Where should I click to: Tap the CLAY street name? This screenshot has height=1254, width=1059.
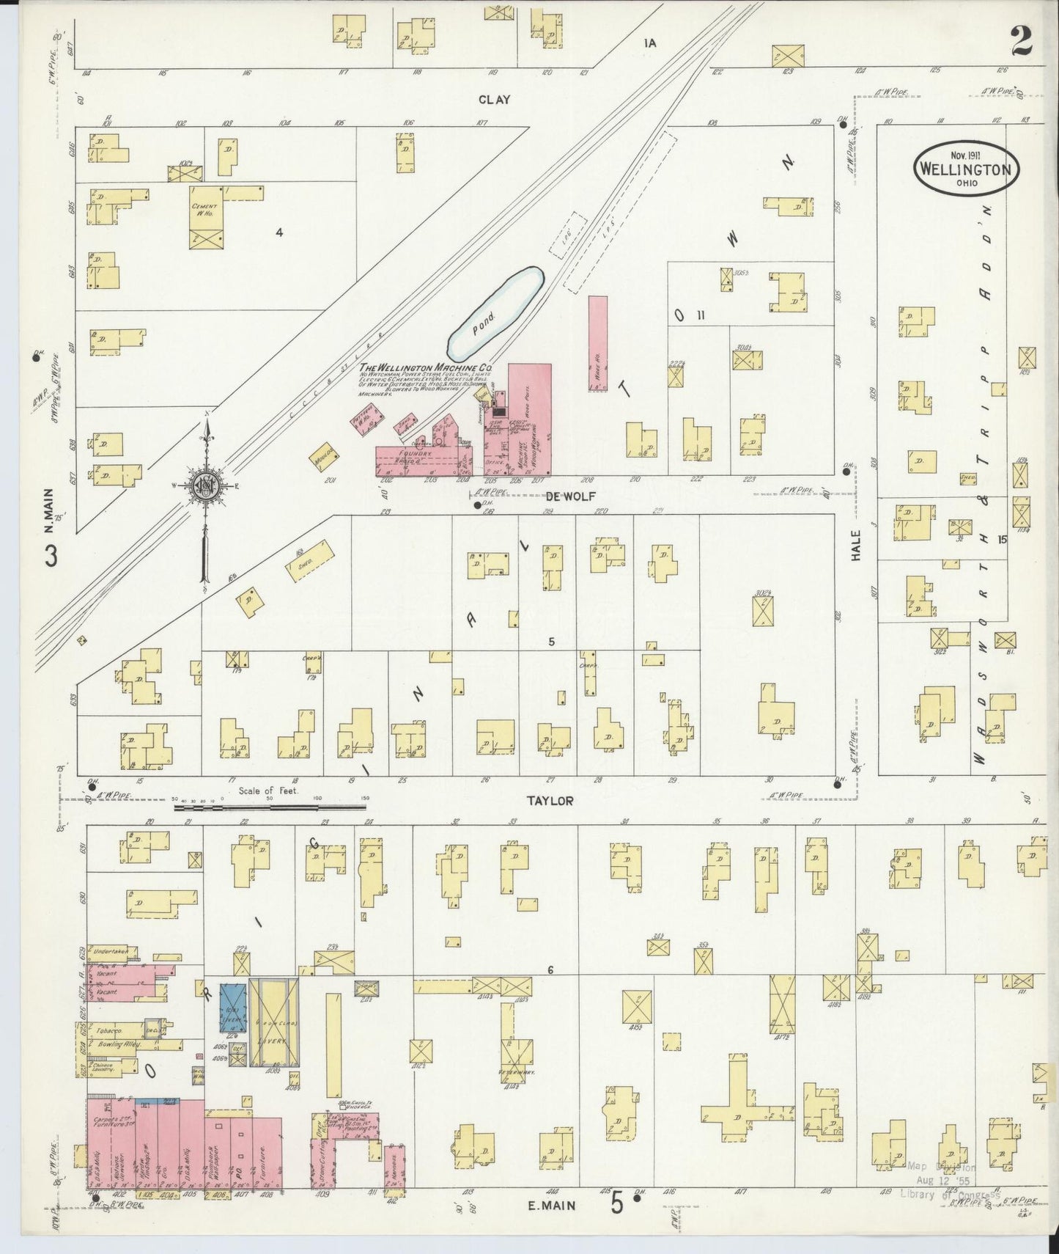point(494,100)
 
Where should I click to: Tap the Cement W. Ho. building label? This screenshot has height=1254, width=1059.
point(203,210)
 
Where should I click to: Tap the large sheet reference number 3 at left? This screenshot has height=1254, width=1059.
point(50,556)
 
